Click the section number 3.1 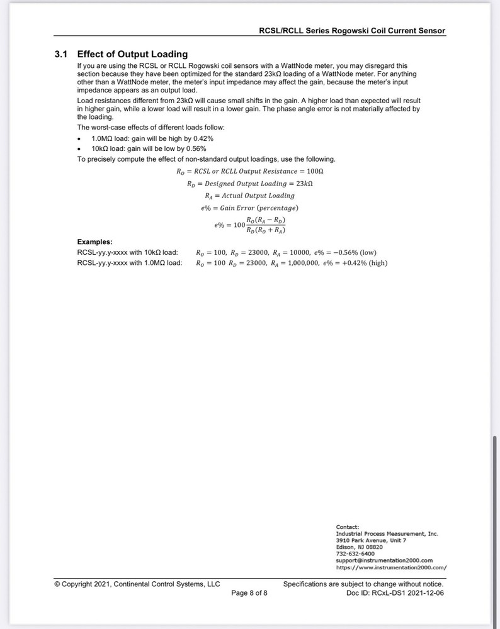pos(61,54)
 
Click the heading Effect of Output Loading pos(132,54)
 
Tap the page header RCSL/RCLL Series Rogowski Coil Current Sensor pos(352,30)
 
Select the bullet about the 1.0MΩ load pos(152,138)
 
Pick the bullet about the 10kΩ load pos(149,148)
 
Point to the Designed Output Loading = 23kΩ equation pos(250,184)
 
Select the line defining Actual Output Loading pos(250,196)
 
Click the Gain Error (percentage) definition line pos(246,208)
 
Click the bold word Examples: pos(95,242)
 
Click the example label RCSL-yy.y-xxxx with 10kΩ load pos(127,252)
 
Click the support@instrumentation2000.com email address pos(384,560)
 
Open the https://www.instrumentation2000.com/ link pos(391,567)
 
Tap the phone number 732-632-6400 pos(355,554)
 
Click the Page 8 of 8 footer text pos(249,593)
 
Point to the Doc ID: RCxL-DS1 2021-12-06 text pos(395,593)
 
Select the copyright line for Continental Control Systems pos(137,584)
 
